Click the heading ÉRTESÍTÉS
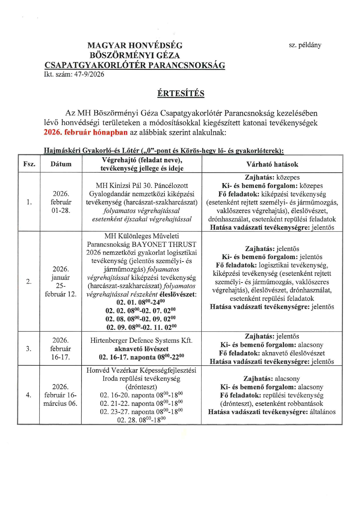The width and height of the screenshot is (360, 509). click(x=181, y=93)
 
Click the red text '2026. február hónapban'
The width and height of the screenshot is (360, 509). click(x=86, y=132)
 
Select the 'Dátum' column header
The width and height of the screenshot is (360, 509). click(x=61, y=164)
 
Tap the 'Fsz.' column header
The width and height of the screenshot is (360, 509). click(x=29, y=164)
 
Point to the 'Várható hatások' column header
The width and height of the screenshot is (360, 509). click(x=272, y=164)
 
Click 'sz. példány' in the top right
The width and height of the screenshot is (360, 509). click(x=305, y=45)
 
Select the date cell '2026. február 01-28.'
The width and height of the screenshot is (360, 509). click(x=61, y=202)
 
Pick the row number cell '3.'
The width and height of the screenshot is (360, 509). click(x=29, y=349)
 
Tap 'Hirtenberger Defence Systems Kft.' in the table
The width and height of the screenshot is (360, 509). click(x=141, y=340)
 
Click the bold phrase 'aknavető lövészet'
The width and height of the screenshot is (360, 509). click(x=141, y=349)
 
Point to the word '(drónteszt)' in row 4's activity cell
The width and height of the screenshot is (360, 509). click(x=141, y=387)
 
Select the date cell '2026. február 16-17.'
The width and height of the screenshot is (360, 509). click(x=61, y=349)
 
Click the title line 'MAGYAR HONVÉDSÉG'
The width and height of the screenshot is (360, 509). click(x=135, y=46)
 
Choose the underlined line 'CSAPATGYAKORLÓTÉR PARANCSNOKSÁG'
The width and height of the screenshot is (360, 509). click(x=135, y=65)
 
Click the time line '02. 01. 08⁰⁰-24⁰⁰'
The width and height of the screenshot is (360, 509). click(x=141, y=302)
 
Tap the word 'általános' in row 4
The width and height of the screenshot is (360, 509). click(x=322, y=412)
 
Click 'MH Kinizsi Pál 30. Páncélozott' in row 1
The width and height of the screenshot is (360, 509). click(x=142, y=185)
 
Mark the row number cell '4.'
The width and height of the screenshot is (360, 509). click(x=29, y=395)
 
